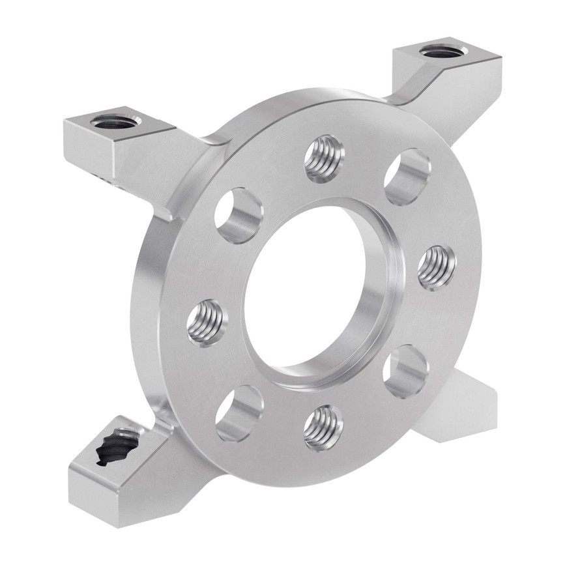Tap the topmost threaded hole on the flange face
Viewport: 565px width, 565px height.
tap(324, 158)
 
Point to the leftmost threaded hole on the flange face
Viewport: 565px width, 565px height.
tap(207, 322)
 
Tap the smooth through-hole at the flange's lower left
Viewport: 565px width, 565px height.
tap(239, 413)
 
